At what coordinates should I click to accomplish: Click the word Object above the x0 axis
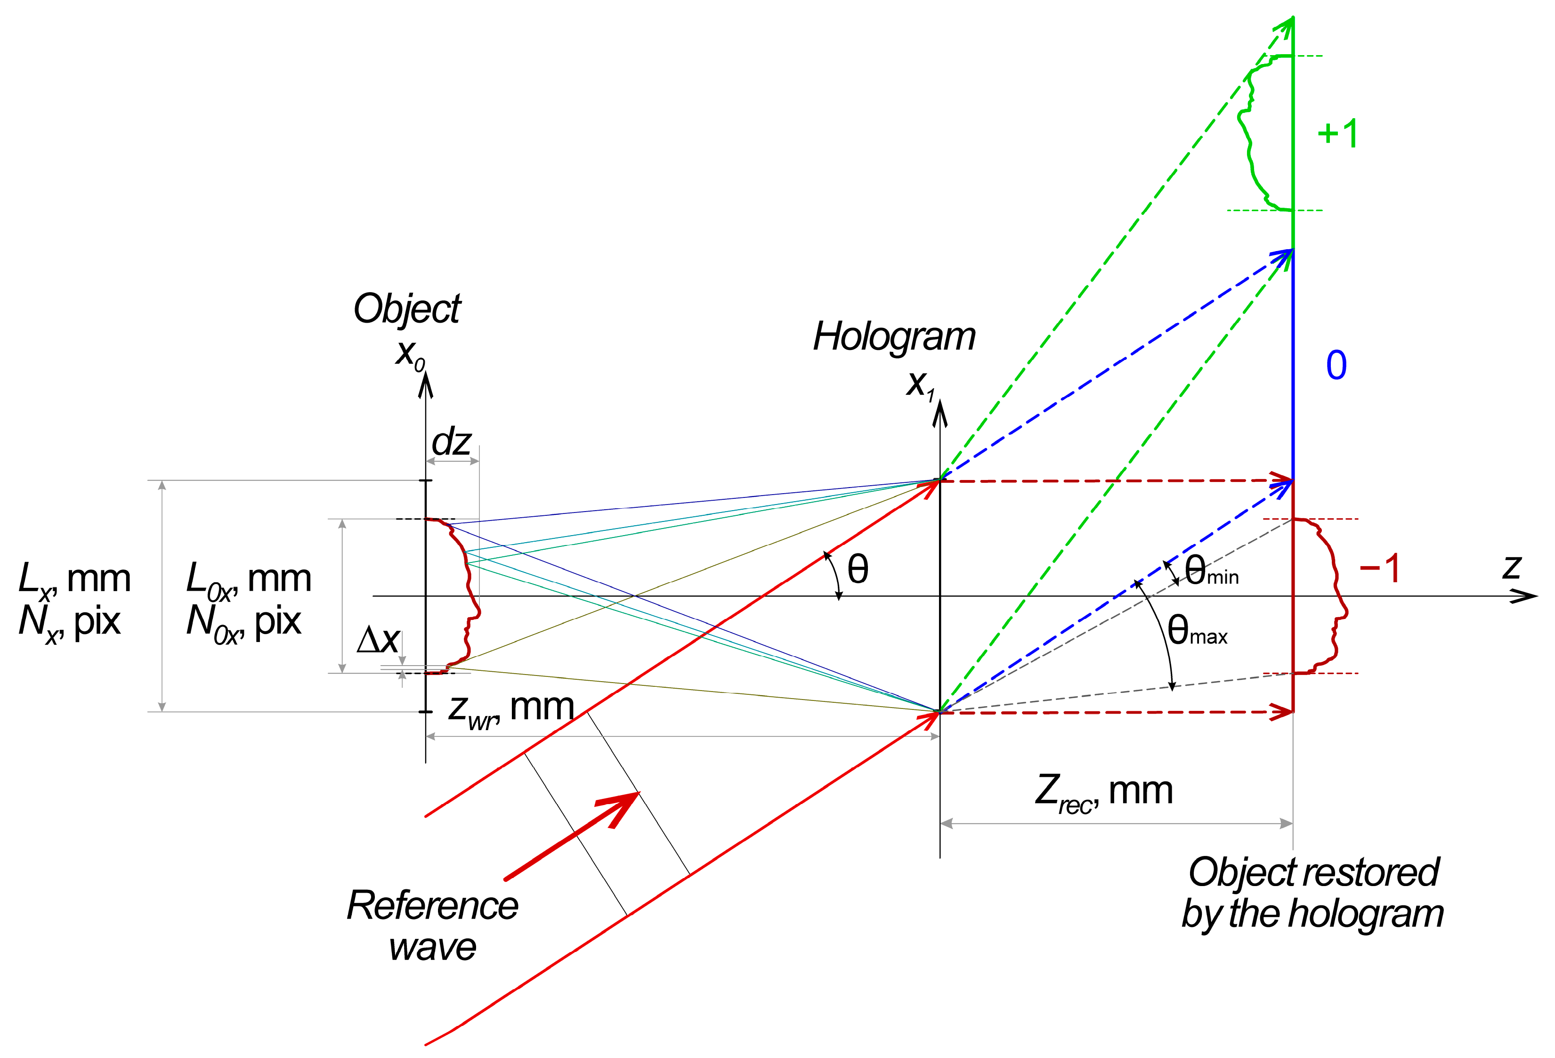407,309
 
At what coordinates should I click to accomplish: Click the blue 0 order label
1336,366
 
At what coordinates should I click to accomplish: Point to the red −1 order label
1380,569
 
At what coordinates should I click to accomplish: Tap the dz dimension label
452,442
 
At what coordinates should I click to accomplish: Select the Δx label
378,641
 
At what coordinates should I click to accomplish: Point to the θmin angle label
1211,571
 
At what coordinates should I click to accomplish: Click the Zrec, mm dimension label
1104,792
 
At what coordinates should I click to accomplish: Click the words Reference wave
432,926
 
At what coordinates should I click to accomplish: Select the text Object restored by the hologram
1313,893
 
